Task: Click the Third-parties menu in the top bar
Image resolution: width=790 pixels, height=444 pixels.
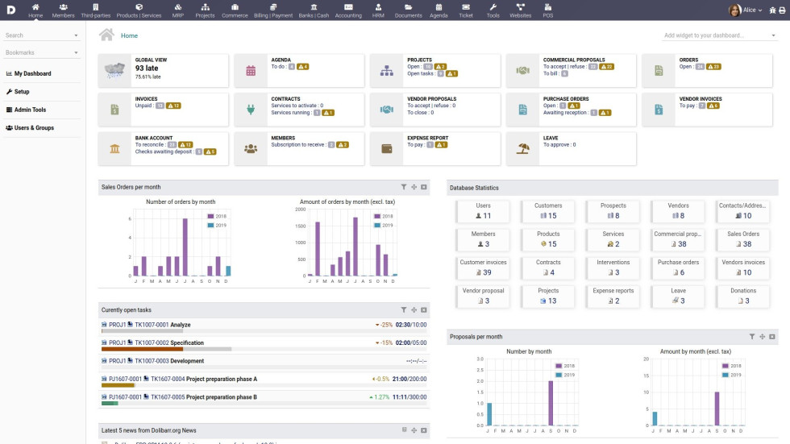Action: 96,10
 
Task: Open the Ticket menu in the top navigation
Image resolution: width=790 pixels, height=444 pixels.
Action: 466,10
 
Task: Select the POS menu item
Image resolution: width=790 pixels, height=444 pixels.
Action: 548,10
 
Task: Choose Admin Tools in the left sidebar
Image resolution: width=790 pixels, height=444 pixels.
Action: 30,110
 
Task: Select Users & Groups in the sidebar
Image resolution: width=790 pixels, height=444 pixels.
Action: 34,127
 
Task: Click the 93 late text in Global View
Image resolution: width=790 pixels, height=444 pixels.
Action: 147,68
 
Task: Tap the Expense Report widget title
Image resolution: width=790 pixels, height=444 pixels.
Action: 427,138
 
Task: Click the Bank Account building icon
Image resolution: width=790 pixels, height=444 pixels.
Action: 115,149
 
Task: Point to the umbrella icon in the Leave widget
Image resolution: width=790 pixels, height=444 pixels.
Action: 522,149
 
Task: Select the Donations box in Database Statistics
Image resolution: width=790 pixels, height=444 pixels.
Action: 743,296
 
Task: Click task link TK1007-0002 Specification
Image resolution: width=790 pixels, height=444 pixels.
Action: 169,342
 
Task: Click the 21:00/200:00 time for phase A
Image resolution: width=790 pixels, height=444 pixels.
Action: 410,379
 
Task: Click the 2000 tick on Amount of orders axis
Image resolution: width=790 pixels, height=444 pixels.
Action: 301,209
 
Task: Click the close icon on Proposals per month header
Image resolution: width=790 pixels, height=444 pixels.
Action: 771,337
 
